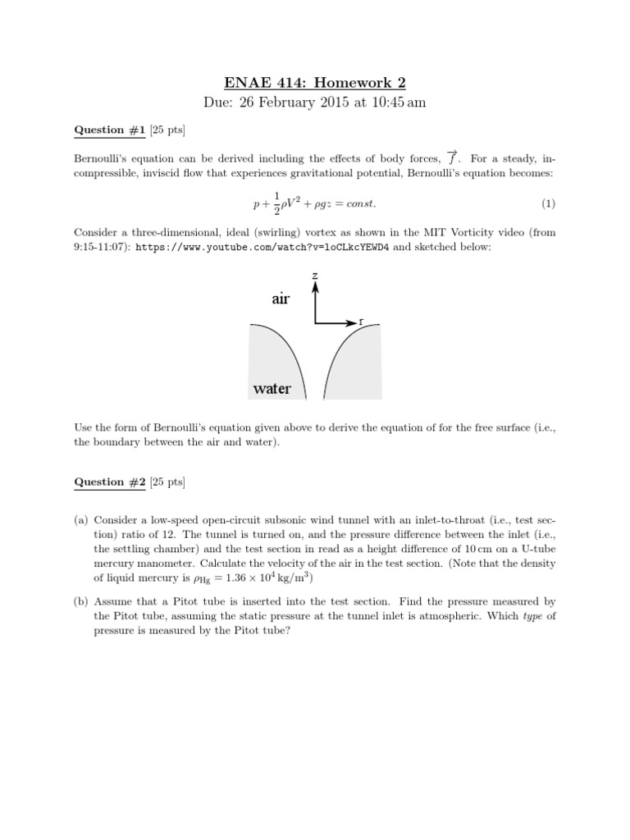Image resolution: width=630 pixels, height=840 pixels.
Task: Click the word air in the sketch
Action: pyautogui.click(x=281, y=300)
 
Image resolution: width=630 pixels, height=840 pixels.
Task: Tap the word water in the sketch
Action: pyautogui.click(x=272, y=388)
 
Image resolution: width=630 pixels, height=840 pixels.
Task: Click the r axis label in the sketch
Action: pyautogui.click(x=362, y=322)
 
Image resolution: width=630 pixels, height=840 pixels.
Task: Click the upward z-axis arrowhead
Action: pyautogui.click(x=315, y=287)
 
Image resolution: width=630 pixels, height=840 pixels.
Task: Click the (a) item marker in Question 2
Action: pyautogui.click(x=81, y=520)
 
